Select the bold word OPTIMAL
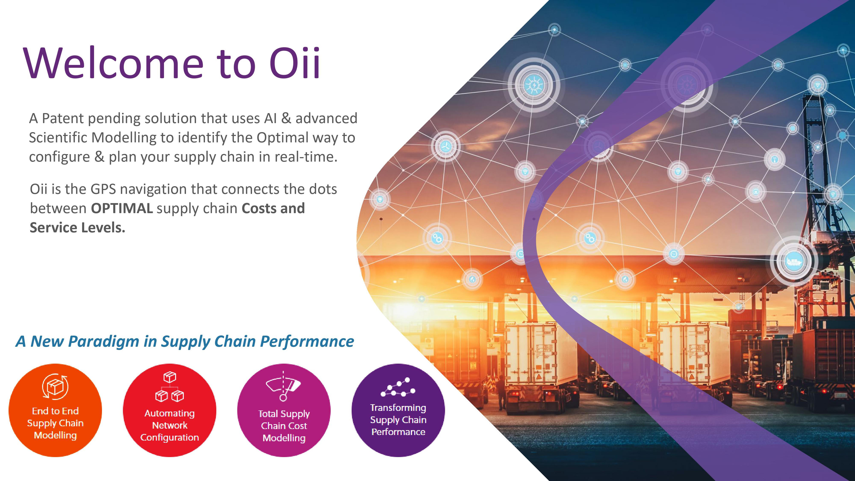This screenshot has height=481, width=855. (122, 208)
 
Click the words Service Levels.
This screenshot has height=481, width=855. (77, 228)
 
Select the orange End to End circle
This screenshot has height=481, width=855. (55, 410)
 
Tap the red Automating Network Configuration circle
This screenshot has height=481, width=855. (170, 410)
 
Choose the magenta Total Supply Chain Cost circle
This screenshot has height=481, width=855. (284, 410)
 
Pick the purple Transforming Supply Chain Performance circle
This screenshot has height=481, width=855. (398, 410)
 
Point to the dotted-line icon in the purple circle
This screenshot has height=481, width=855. (398, 387)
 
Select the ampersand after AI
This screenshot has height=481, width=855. (286, 118)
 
